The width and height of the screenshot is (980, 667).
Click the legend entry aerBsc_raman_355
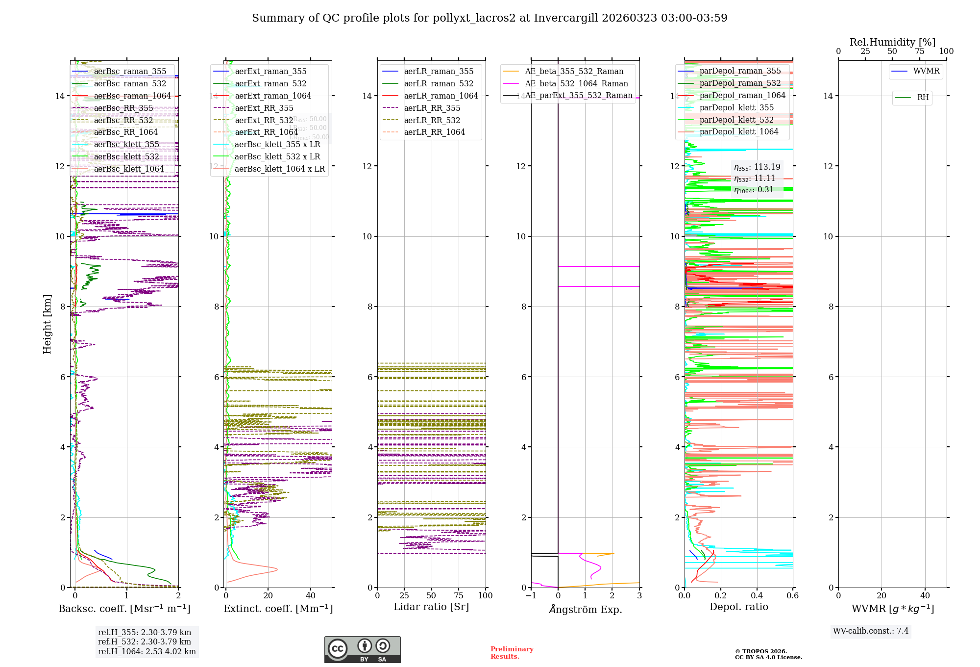[x=130, y=72]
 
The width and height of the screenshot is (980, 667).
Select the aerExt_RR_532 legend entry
[x=264, y=120]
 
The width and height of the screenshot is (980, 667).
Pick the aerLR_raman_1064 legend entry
[x=441, y=96]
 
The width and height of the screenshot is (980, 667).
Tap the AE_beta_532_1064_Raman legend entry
[x=576, y=84]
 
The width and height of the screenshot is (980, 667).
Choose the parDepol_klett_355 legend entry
[x=736, y=108]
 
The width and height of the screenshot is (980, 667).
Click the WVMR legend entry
[x=926, y=71]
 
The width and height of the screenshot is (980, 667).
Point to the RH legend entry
[x=923, y=98]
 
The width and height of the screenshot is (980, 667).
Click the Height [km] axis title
[x=47, y=324]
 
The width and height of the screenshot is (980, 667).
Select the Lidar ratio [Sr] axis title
[x=431, y=607]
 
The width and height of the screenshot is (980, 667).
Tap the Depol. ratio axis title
[x=738, y=607]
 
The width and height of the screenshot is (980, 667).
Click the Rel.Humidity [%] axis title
[x=892, y=42]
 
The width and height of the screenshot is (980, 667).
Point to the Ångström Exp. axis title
[x=586, y=609]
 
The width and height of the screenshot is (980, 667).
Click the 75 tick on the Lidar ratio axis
[x=459, y=595]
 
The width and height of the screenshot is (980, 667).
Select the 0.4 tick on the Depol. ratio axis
[x=757, y=595]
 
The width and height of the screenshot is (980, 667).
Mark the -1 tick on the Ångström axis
[x=531, y=595]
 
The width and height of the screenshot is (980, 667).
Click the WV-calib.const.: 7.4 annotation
[x=870, y=631]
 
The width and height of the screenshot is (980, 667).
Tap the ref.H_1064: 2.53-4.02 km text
[x=147, y=651]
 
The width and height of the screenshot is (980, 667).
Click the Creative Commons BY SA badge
[x=362, y=649]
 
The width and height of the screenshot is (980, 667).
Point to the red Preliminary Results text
[x=512, y=652]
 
